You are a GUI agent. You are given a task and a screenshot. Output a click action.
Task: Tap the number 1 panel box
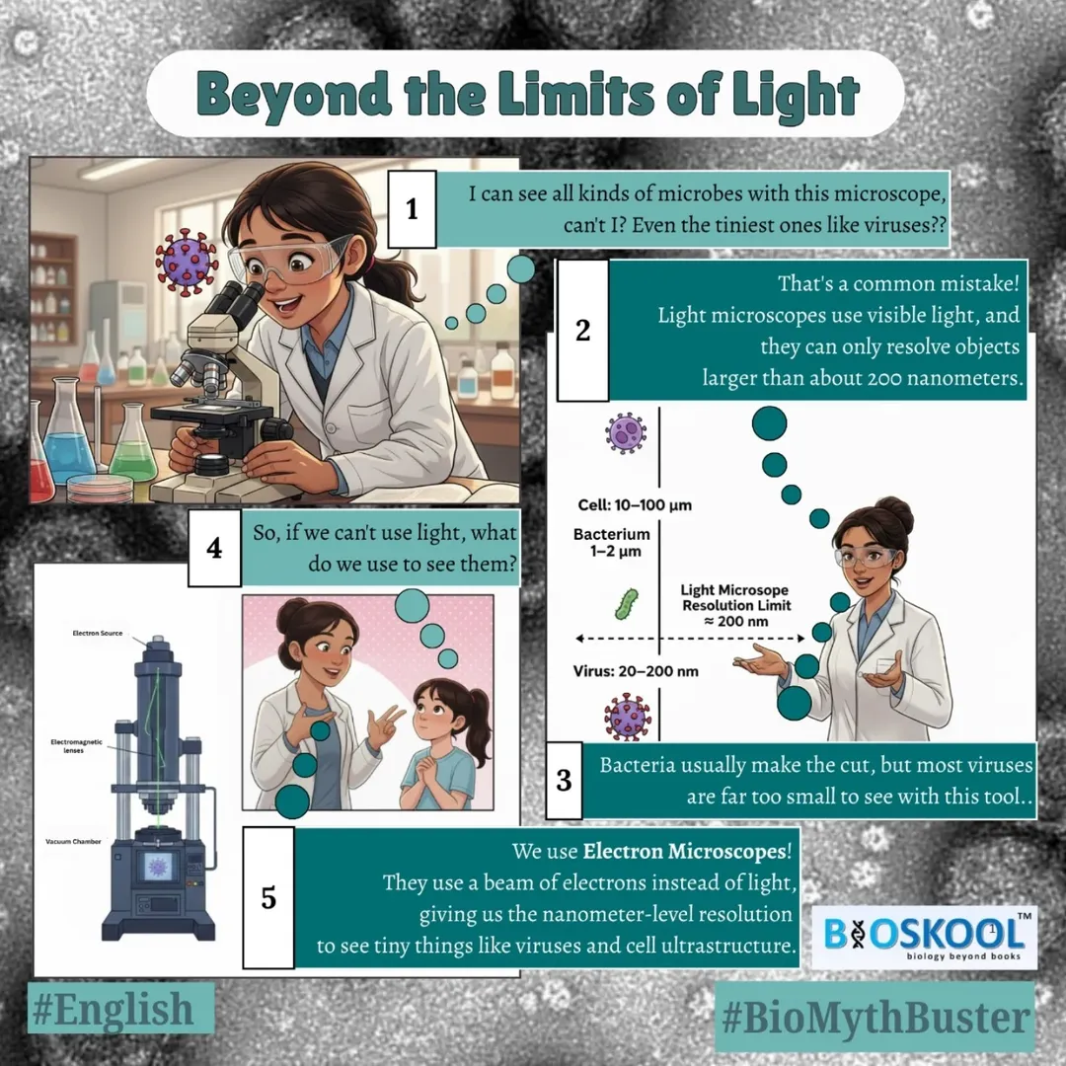pos(412,208)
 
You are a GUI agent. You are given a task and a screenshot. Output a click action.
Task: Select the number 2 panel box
pos(582,331)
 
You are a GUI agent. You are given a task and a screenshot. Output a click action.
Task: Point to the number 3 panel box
pos(564,781)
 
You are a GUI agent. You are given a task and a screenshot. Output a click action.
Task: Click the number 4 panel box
pos(214,548)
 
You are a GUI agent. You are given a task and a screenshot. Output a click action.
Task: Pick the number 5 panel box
pos(268,897)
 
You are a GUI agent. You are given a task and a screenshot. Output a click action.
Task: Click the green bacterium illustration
pos(626,604)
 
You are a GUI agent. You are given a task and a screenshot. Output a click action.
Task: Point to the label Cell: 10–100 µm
pos(635,505)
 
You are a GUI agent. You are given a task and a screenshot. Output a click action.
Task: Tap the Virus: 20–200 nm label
pos(636,671)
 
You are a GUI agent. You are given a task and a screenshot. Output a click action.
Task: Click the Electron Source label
pos(97,633)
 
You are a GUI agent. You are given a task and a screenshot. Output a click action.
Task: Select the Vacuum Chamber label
pos(73,842)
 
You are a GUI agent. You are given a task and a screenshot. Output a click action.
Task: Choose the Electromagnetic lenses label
pos(76,746)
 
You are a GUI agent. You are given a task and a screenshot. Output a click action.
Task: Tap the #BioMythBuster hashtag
pos(876,1018)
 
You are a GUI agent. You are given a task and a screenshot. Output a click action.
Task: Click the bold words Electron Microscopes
pos(685,851)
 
